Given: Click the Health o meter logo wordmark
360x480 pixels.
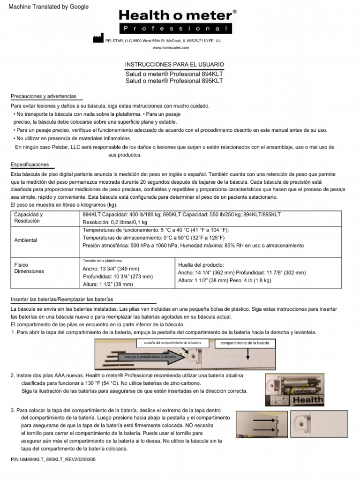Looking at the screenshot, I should tap(175, 16).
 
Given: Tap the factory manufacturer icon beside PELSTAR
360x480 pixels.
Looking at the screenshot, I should tap(97, 39).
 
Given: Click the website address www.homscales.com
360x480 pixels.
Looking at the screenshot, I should tap(171, 48).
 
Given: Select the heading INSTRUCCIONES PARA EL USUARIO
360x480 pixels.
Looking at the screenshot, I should tap(174, 64).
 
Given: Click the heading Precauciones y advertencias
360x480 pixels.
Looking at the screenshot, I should tap(44, 96).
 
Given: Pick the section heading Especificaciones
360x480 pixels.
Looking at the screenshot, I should tap(30, 165).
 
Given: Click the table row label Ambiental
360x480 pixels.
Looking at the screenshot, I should tap(26, 240).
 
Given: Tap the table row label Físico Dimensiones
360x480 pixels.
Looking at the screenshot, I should tap(29, 268).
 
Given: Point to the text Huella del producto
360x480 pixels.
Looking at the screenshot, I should tap(201, 265).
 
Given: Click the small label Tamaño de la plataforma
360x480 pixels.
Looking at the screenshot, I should tap(102, 260).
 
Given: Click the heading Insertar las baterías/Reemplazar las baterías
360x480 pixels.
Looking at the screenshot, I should tap(62, 299).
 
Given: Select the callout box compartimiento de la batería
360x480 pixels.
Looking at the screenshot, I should tap(245, 343).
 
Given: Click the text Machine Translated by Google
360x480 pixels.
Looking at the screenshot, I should tap(45, 7).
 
